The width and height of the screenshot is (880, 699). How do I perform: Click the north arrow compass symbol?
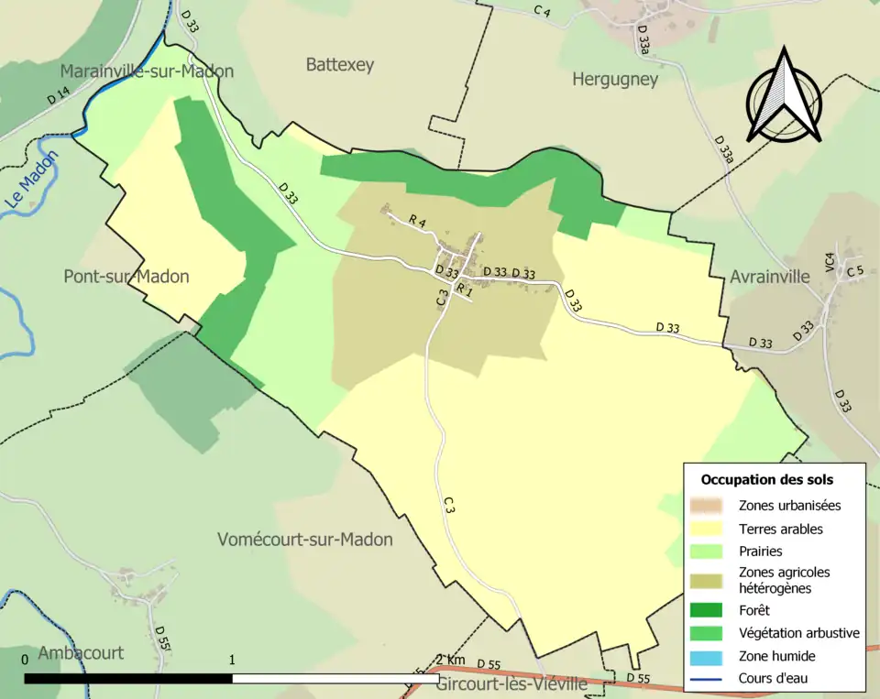(783, 96)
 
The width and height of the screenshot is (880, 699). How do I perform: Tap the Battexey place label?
(340, 64)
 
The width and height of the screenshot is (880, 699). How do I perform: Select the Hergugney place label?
(615, 80)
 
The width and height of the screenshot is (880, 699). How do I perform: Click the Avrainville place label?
(770, 277)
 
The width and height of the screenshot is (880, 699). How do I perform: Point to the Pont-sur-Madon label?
(126, 277)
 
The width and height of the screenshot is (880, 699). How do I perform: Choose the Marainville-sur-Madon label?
(147, 71)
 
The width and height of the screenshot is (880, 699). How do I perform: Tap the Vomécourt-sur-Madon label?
(305, 540)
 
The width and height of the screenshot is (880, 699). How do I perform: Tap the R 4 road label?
(418, 221)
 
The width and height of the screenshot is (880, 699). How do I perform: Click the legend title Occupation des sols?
(767, 479)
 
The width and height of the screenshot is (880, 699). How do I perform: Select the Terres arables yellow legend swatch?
(711, 529)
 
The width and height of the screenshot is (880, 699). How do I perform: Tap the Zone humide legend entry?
(776, 656)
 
